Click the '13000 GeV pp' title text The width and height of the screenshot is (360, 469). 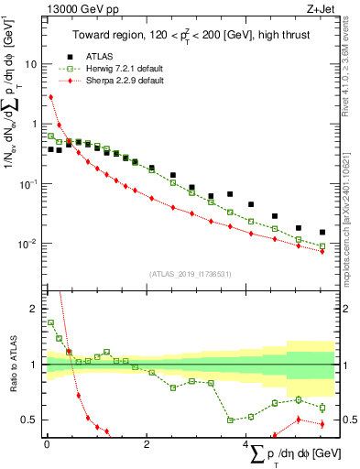(x=78, y=8)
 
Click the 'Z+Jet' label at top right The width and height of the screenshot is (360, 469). (x=319, y=8)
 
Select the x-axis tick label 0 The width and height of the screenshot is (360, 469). (x=47, y=444)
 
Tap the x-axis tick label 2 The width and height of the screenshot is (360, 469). (x=147, y=444)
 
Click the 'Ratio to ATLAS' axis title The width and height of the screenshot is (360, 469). (x=12, y=365)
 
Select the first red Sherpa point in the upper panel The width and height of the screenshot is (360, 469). (x=51, y=96)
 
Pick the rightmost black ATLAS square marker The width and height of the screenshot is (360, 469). (x=322, y=233)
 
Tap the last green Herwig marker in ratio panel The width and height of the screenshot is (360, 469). (x=322, y=408)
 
